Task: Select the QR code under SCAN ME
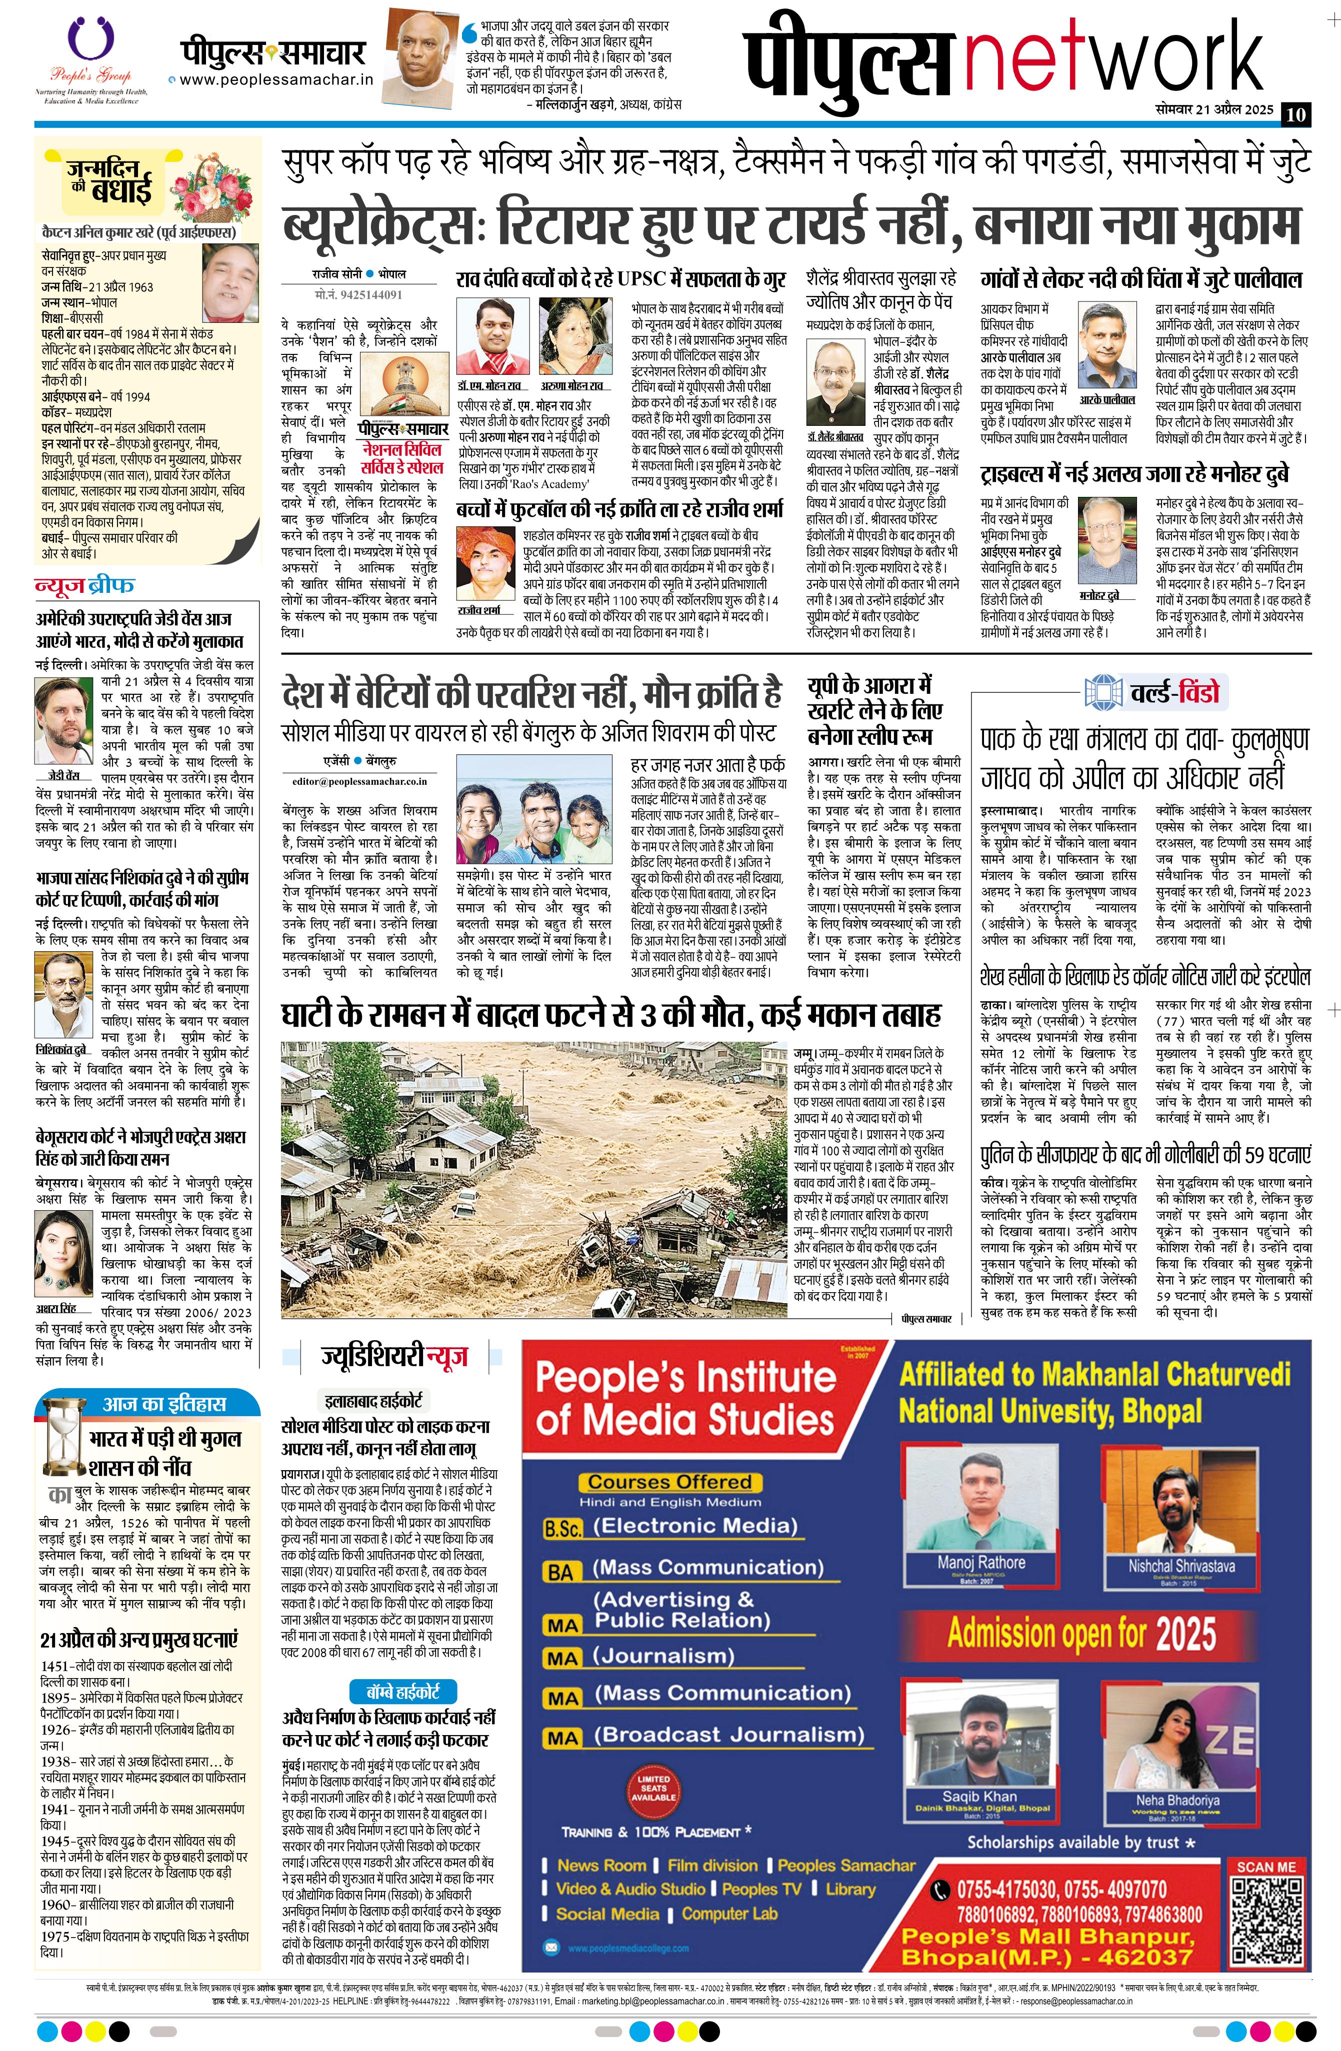1265,1916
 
